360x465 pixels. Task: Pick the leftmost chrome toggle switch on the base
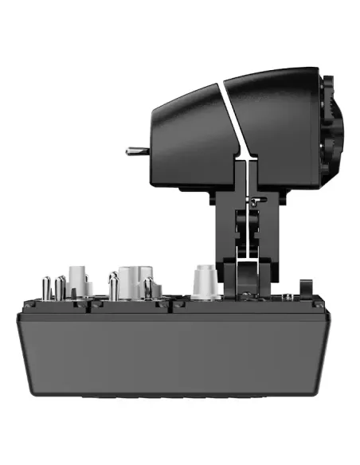click(46, 286)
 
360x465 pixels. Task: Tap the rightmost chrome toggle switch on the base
click(148, 287)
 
